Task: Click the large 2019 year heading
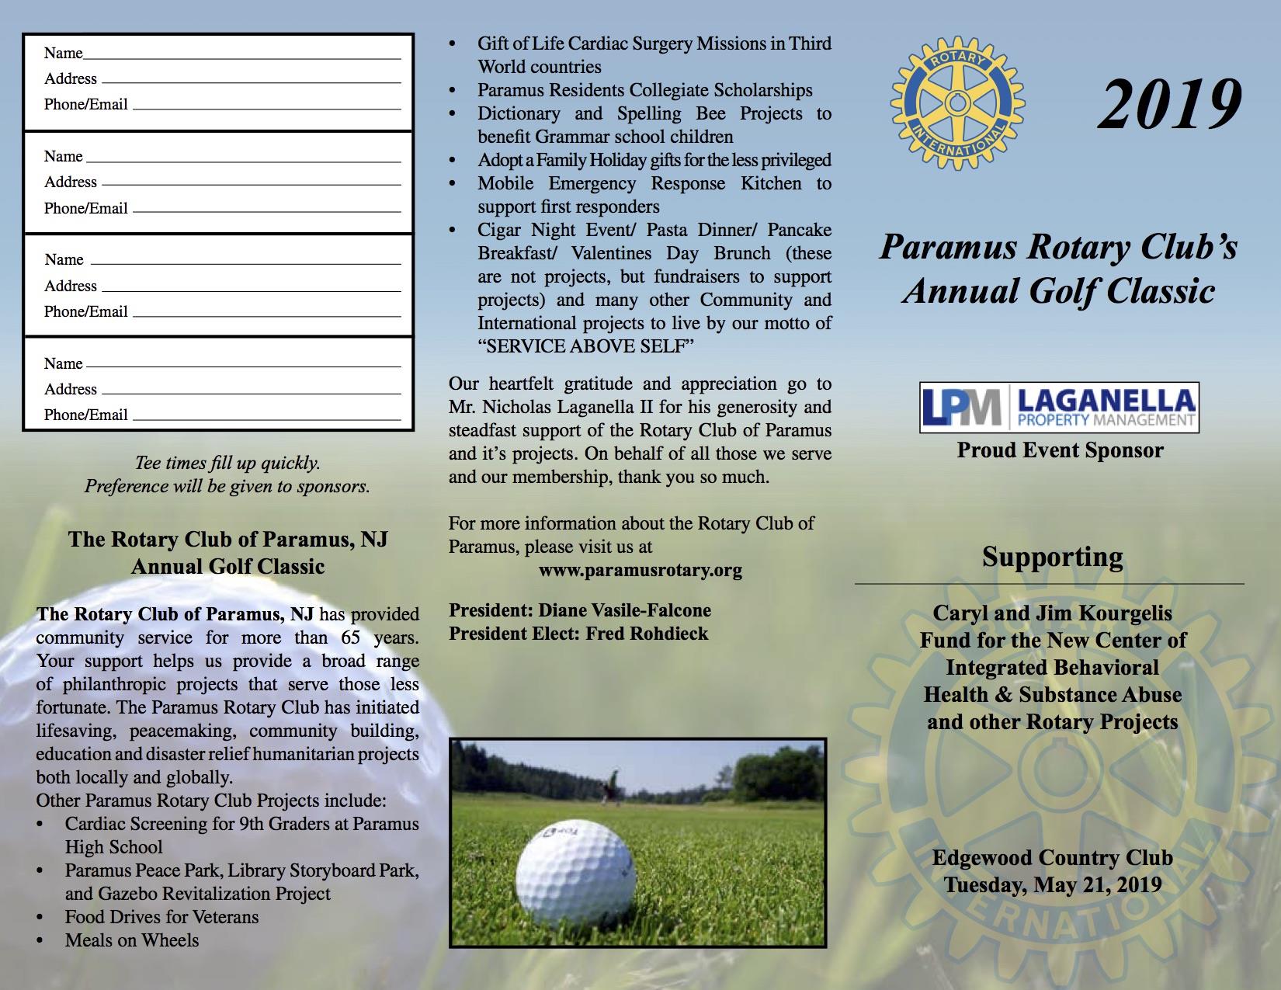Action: tap(1169, 105)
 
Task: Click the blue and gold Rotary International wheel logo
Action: tap(957, 99)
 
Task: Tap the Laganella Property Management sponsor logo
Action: tap(1059, 407)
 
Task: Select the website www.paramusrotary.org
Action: tap(640, 571)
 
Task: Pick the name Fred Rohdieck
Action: tap(647, 634)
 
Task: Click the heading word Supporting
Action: tap(1052, 557)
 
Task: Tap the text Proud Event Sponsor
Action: tap(1060, 450)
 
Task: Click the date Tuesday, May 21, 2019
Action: tap(1053, 884)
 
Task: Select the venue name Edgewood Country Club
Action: tap(1052, 858)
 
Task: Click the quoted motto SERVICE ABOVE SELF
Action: tap(586, 346)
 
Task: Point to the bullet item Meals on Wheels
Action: tap(132, 940)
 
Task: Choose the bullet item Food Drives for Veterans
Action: tap(161, 917)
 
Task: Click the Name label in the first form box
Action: tap(63, 53)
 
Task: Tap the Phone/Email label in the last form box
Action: tap(85, 415)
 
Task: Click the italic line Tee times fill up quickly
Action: tap(227, 464)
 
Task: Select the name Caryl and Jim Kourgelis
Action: tap(1052, 613)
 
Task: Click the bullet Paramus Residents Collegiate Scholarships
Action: tap(645, 90)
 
